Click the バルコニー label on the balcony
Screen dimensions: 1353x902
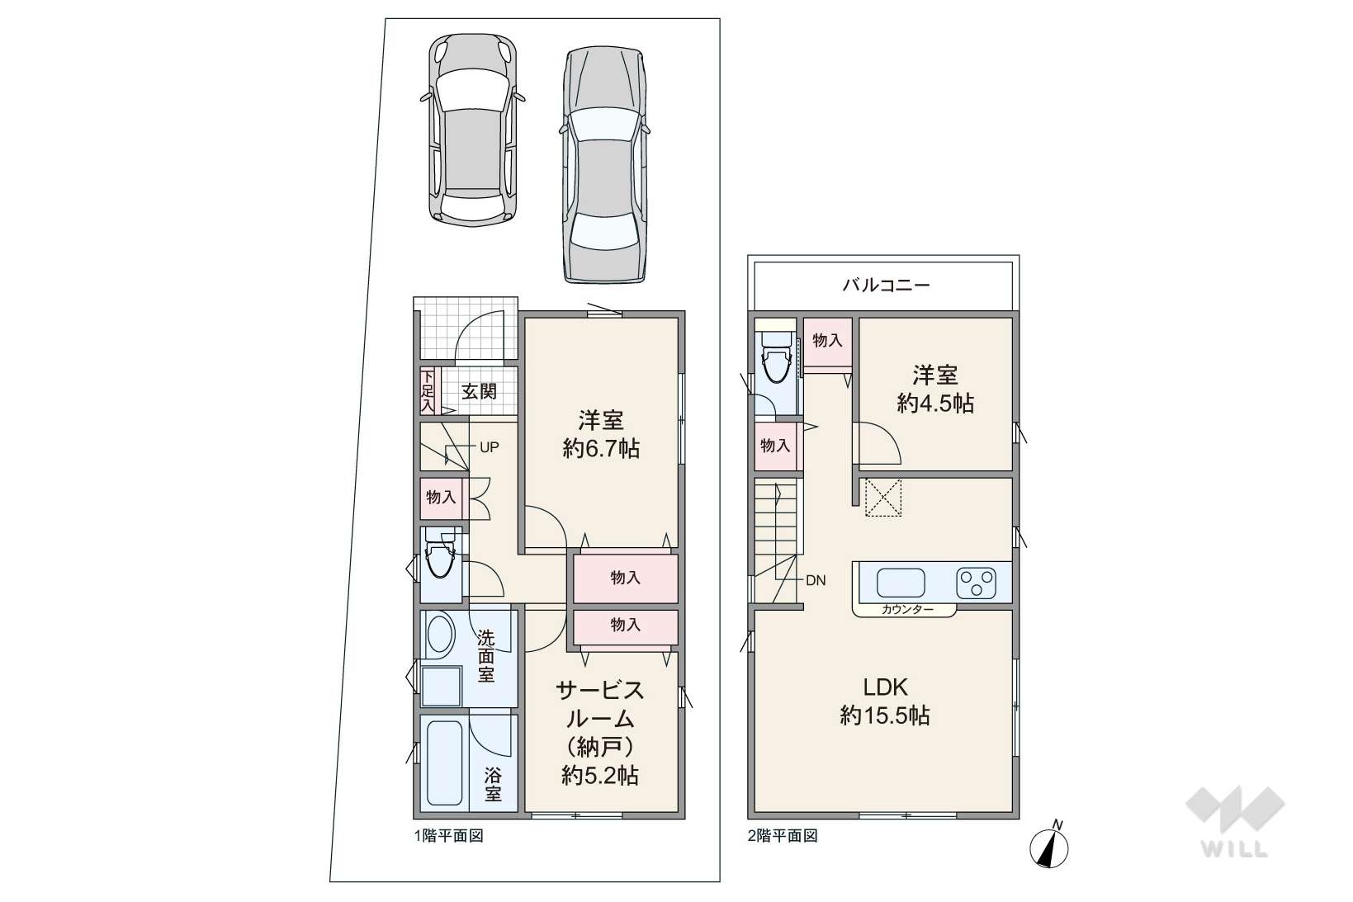[886, 285]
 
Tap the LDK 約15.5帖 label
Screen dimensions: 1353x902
[885, 701]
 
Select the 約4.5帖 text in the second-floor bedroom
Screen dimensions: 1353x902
[935, 404]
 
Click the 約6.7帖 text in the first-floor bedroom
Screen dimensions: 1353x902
[601, 449]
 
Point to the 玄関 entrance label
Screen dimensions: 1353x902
[479, 392]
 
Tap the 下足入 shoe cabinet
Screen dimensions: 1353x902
[428, 390]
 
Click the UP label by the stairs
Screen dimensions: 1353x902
[490, 447]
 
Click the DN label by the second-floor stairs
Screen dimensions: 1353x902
[816, 581]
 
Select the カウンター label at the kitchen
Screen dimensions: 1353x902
[907, 609]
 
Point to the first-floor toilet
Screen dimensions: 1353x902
[440, 555]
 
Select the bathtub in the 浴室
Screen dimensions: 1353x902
[445, 763]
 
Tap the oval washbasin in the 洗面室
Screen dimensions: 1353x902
[439, 635]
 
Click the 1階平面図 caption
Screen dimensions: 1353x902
[449, 836]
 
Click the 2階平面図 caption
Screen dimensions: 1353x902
[783, 836]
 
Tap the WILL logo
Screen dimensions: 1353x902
[1235, 821]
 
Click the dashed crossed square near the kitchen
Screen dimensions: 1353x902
[883, 498]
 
